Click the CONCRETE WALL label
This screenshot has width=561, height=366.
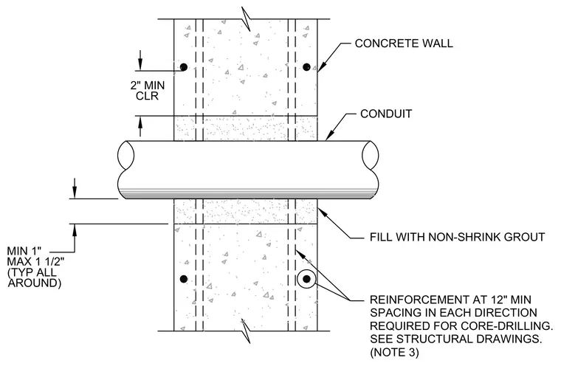404,44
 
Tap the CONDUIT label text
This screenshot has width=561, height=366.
386,114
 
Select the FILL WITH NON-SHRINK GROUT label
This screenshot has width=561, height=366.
457,237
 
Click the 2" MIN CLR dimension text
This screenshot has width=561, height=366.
148,91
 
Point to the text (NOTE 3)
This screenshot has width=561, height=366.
394,352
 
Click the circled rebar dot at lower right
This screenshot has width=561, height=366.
306,279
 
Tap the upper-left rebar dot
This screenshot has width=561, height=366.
184,67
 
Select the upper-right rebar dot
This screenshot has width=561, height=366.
306,67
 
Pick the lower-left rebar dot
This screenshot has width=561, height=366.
184,279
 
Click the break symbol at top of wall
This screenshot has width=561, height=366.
246,18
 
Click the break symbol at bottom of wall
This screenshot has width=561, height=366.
246,331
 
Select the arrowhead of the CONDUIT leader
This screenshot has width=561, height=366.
329,136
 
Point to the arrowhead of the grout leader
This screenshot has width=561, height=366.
322,212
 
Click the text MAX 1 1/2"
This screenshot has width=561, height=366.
35,261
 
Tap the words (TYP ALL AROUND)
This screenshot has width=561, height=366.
35,277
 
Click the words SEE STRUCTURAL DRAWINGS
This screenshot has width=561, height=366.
455,339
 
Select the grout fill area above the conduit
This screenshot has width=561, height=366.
245,128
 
